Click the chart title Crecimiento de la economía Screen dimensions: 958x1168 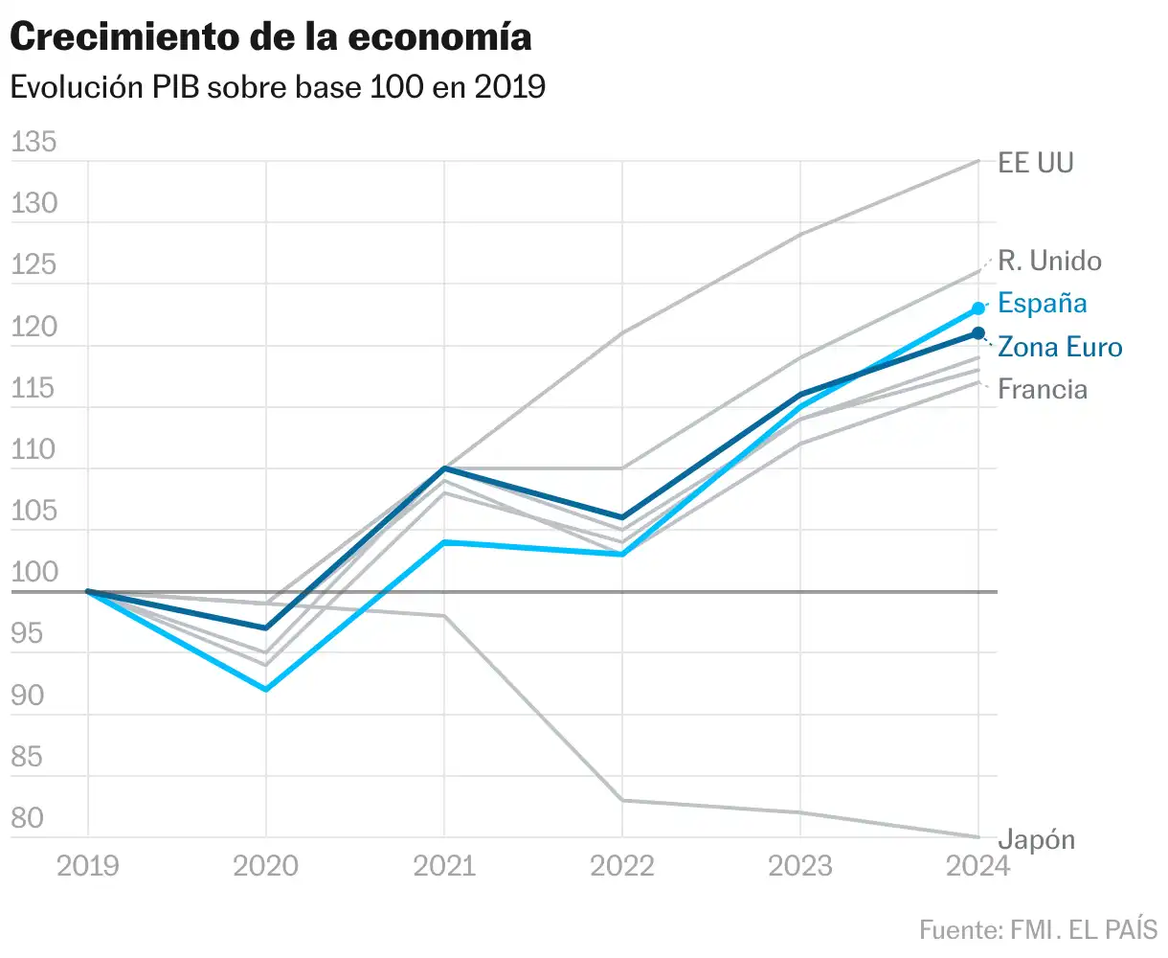[x=271, y=37]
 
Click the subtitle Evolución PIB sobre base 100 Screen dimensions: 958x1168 [x=278, y=87]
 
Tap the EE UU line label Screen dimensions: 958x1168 [x=1036, y=162]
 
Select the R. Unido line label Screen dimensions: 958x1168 [x=1049, y=261]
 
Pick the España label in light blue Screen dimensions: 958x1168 [x=1043, y=303]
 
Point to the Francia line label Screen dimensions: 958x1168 [x=1043, y=389]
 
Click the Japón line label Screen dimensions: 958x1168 [x=1037, y=839]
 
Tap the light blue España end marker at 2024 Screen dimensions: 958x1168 [x=978, y=308]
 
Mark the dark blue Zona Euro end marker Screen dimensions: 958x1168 [x=978, y=333]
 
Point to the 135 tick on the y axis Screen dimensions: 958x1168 [x=34, y=142]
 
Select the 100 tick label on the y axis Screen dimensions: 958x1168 [x=34, y=572]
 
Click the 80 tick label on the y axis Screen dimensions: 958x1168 [x=28, y=817]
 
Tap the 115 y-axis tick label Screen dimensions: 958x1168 [x=34, y=387]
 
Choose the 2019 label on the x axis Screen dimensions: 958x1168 [x=88, y=866]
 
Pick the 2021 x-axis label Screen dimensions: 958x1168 [x=444, y=866]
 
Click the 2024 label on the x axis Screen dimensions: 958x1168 [x=977, y=866]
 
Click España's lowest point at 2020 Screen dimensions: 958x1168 [x=266, y=690]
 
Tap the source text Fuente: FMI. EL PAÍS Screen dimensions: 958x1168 [x=1038, y=929]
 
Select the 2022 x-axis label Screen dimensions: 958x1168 [x=622, y=866]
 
